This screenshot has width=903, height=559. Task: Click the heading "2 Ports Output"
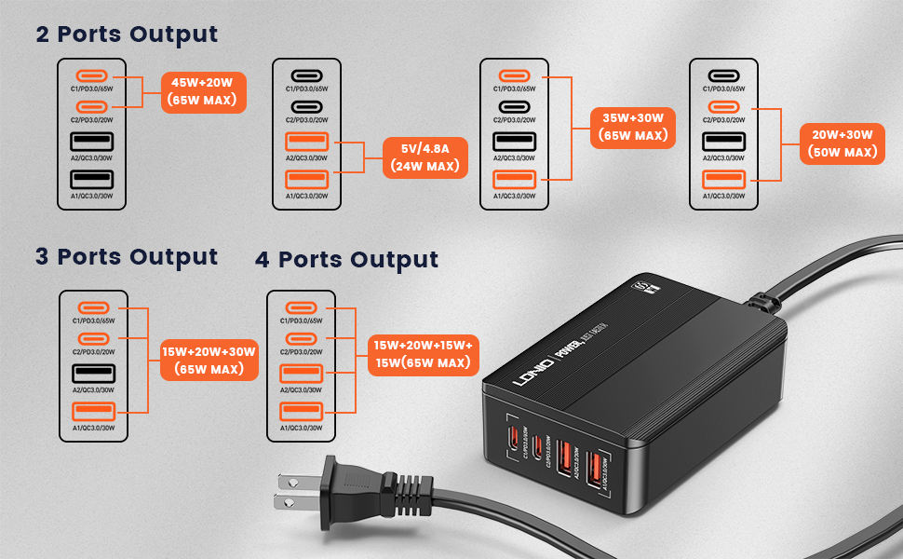click(x=127, y=34)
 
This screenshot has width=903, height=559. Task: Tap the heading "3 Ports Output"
click(x=127, y=256)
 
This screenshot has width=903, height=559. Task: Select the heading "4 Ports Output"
click(x=346, y=259)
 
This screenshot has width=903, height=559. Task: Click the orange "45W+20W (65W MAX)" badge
click(x=203, y=91)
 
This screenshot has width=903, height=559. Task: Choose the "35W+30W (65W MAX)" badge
click(x=633, y=127)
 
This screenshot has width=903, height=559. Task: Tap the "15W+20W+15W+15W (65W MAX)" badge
click(x=423, y=353)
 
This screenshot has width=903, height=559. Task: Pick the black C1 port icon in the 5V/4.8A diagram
click(x=307, y=75)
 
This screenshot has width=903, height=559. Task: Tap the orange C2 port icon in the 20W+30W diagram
click(x=723, y=106)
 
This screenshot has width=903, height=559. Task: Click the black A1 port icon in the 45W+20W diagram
click(x=93, y=178)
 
